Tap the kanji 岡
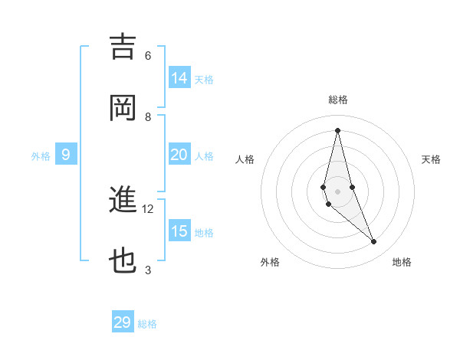[x=123, y=107]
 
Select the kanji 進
[x=123, y=201]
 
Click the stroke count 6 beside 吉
[x=148, y=56]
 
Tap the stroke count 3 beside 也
[x=148, y=270]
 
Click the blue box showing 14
[x=179, y=78]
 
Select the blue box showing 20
[x=179, y=155]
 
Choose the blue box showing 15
[x=179, y=231]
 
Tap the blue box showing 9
[x=66, y=155]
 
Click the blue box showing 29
[x=123, y=322]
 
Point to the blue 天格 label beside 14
[x=204, y=80]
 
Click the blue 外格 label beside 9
[x=41, y=156]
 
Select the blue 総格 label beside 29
[x=147, y=324]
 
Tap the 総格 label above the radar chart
[x=337, y=100]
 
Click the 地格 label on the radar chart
[x=402, y=262]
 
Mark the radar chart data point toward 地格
[x=374, y=242]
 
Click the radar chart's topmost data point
[x=337, y=129]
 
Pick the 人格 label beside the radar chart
[x=245, y=159]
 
